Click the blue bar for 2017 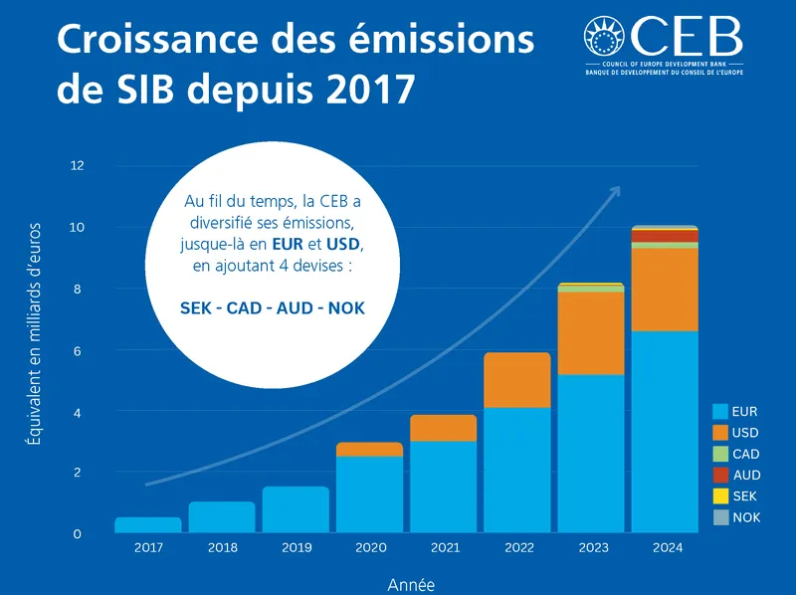[x=148, y=525]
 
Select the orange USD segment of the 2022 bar [x=515, y=380]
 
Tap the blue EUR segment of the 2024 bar [x=664, y=433]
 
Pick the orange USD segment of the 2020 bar [x=368, y=450]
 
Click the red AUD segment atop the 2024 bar [x=664, y=236]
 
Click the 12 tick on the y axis [x=77, y=166]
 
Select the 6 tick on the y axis [x=77, y=351]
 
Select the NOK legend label [x=746, y=517]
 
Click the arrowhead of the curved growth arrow [x=615, y=191]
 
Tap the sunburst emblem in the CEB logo [x=606, y=38]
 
